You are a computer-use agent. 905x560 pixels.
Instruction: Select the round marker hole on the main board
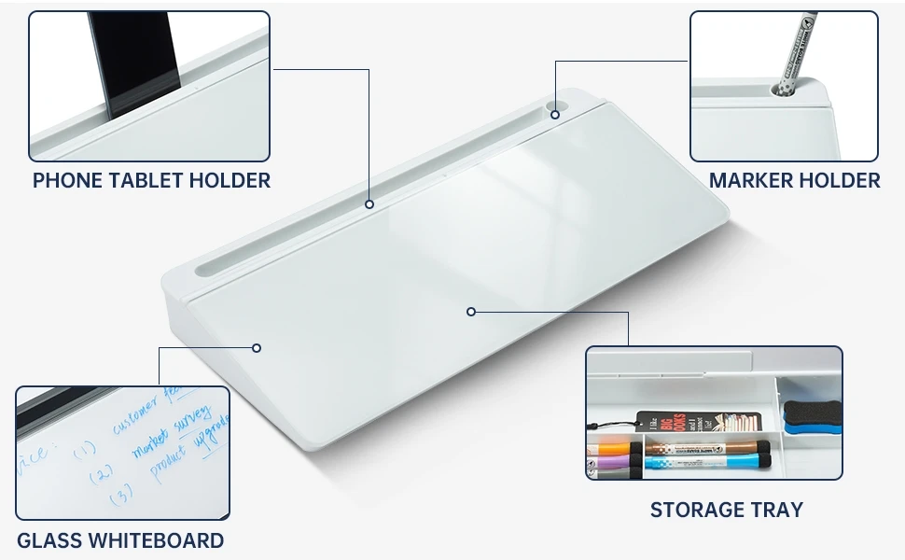pyautogui.click(x=555, y=114)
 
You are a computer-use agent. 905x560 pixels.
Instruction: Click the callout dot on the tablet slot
pyautogui.click(x=369, y=203)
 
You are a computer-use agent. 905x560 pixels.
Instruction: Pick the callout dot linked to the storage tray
pyautogui.click(x=471, y=312)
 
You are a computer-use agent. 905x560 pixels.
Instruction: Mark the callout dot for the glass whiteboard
pyautogui.click(x=257, y=348)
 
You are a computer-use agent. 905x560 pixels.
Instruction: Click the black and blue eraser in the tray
pyautogui.click(x=812, y=417)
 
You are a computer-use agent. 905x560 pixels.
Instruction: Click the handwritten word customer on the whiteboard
pyautogui.click(x=135, y=421)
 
